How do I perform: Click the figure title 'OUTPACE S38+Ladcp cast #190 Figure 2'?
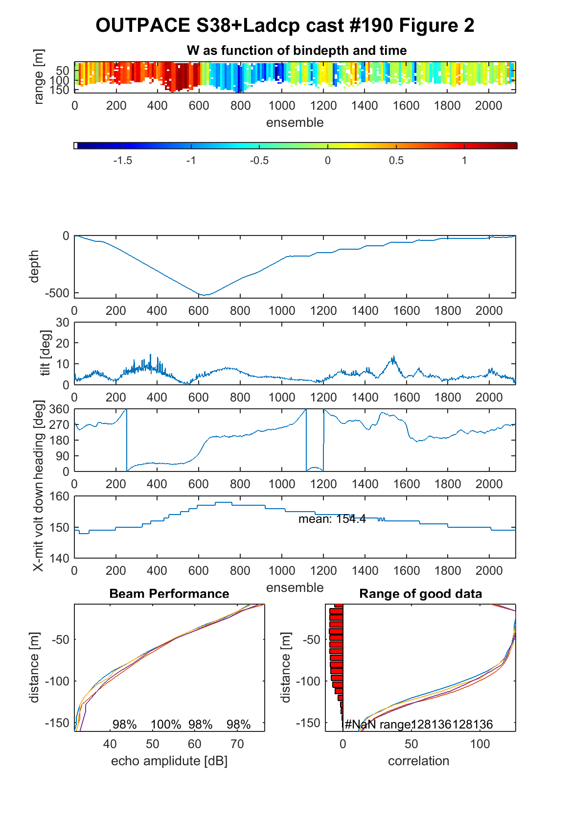tap(285, 25)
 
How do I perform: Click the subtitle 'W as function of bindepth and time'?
tap(296, 50)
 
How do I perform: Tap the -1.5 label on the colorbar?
tap(122, 161)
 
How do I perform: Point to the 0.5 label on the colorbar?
tap(396, 161)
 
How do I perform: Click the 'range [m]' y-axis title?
tap(39, 77)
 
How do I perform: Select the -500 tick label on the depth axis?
tap(57, 293)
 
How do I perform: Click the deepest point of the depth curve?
tap(205, 295)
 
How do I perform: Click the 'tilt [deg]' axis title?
tap(46, 353)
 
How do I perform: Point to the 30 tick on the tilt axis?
tap(63, 323)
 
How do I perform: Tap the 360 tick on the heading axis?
tap(59, 409)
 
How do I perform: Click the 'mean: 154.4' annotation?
tap(332, 518)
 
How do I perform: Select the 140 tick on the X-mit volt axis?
tap(59, 558)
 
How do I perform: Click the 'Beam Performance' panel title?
tap(169, 593)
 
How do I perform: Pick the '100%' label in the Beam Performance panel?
tap(166, 725)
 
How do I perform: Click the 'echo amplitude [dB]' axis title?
tap(169, 761)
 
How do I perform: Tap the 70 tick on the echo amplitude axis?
tap(237, 744)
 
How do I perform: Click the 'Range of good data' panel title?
tap(420, 593)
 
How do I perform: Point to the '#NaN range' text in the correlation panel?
tap(378, 725)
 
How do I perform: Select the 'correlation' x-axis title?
tap(418, 761)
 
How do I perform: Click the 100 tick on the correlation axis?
tap(480, 744)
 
